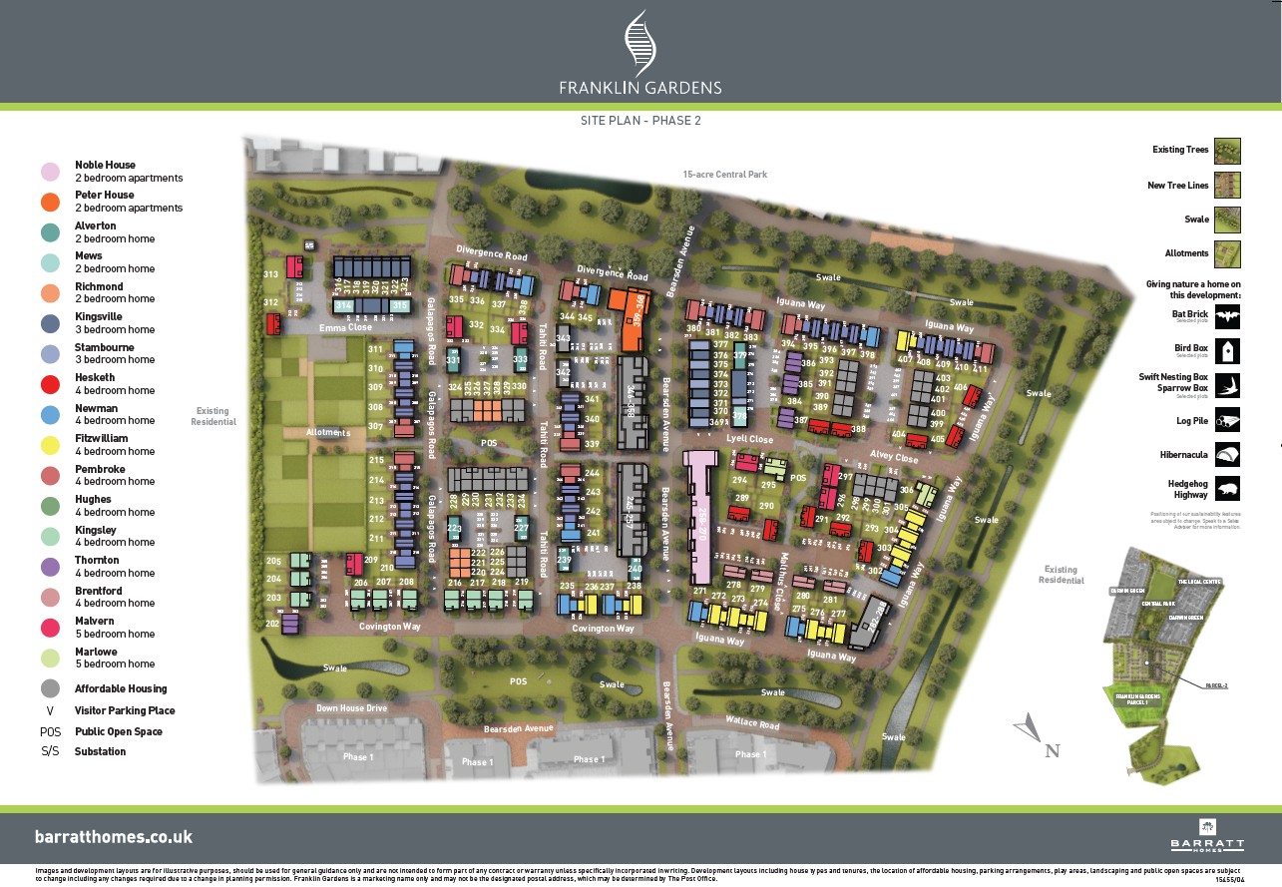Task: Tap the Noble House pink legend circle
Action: click(49, 172)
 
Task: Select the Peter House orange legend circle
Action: click(49, 202)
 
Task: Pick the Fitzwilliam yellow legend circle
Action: click(49, 445)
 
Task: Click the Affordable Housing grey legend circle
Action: click(49, 688)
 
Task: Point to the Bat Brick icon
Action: click(1227, 318)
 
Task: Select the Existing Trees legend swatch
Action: click(1227, 151)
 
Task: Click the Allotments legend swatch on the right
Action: click(1227, 253)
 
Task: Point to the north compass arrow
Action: click(1028, 730)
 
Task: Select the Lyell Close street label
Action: click(750, 439)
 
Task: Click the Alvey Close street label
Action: click(893, 458)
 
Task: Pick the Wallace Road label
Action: click(752, 722)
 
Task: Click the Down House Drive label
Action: click(350, 708)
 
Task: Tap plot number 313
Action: click(270, 274)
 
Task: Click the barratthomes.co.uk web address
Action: click(114, 837)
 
